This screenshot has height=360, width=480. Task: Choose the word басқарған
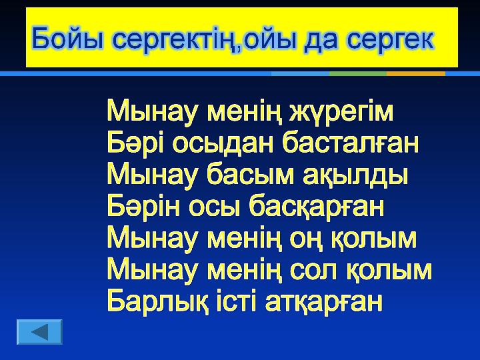317,206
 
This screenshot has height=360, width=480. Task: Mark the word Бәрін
143,206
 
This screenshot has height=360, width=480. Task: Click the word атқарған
323,301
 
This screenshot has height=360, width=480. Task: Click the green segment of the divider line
358,74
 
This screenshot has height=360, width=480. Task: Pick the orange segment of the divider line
416,74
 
